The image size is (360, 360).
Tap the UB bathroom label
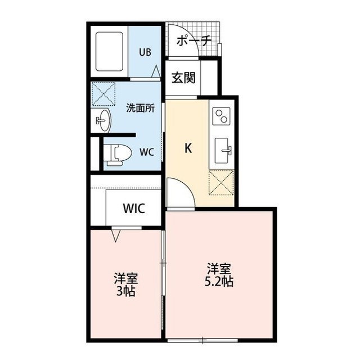145,52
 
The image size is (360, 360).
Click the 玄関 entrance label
183,78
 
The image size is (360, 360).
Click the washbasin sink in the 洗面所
103,120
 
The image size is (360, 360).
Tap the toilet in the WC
119,151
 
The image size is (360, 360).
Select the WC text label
146,151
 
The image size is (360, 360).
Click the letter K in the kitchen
190,148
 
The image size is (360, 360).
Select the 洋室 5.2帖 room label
219,274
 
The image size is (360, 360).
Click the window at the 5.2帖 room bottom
204,340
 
